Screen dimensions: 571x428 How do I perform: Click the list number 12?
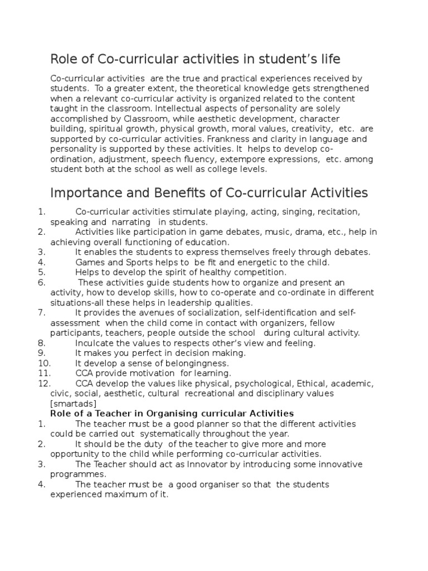point(44,383)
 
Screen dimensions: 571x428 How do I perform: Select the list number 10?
point(44,363)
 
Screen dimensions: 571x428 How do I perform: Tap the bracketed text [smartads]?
point(73,403)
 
